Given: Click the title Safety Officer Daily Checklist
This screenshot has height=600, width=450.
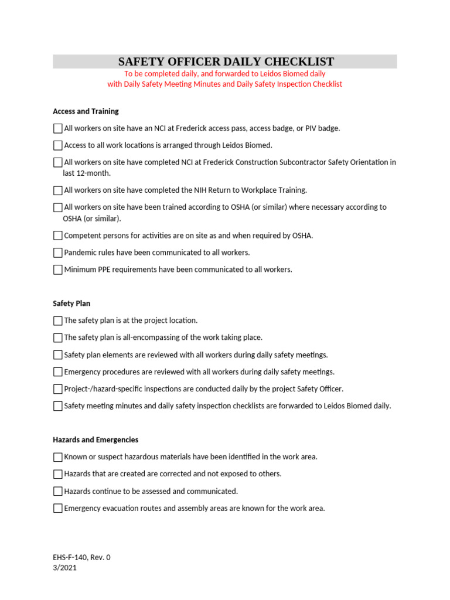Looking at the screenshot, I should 226,62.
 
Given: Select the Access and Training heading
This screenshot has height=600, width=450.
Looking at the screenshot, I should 86,111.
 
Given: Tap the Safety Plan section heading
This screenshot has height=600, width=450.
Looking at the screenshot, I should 71,304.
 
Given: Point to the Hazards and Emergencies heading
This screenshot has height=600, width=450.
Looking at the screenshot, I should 96,439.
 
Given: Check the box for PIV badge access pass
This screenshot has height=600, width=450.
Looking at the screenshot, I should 57,128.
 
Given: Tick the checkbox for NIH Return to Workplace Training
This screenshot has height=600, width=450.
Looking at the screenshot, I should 57,190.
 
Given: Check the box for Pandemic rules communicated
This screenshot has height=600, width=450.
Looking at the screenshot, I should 57,253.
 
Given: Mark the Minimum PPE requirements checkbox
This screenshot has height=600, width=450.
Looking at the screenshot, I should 57,270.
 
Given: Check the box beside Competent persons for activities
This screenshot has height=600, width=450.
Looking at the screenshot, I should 57,236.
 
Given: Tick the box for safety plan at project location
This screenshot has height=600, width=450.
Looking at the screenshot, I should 57,321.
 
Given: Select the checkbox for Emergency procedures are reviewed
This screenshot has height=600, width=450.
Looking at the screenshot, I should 57,372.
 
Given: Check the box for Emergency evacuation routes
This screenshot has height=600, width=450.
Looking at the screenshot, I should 57,509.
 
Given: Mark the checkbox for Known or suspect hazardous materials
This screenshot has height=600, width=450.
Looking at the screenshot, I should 57,457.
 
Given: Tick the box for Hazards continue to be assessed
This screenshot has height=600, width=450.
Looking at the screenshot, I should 57,492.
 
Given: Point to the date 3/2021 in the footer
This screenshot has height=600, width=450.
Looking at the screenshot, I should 64,567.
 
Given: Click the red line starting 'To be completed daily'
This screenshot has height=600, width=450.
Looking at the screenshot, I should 224,74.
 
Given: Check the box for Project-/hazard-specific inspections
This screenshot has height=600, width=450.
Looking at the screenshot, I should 57,389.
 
